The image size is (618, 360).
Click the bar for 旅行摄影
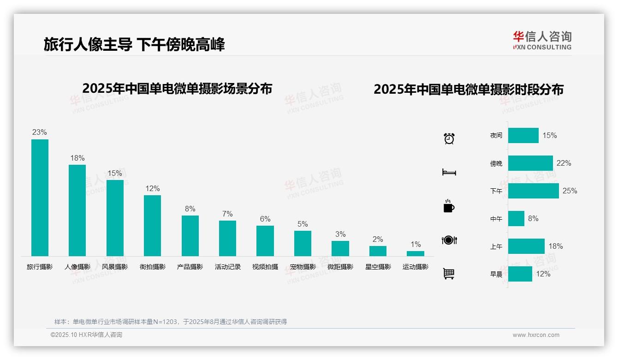pos(40,198)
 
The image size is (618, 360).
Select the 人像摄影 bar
pos(77,210)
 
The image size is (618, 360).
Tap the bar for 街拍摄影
pos(152,225)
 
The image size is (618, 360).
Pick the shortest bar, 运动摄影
pos(415,253)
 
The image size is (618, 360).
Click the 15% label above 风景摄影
pos(115,174)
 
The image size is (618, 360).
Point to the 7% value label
pos(227,214)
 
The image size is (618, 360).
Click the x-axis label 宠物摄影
pos(303,267)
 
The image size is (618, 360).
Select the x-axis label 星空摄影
pos(378,267)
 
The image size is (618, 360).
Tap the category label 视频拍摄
pos(265,267)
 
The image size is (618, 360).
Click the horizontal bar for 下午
pos(533,191)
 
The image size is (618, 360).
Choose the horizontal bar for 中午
pos(516,219)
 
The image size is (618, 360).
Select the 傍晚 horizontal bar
pos(530,163)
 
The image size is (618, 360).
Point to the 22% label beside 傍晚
pos(564,163)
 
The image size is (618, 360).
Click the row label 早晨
pos(496,275)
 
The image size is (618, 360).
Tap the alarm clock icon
pos(449,138)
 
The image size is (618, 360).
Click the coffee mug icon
pos(449,206)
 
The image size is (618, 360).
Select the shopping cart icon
pos(449,274)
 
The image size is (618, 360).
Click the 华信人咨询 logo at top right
pos(542,40)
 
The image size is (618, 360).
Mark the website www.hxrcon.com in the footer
pos(536,335)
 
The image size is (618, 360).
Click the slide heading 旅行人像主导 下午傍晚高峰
pos(134,45)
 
